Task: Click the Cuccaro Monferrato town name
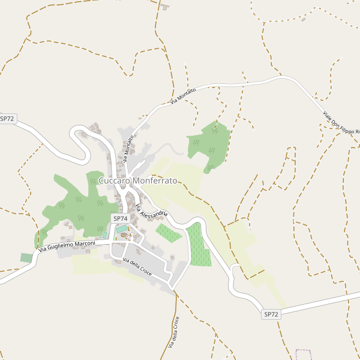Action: pos(137,181)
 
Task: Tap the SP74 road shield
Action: pos(120,219)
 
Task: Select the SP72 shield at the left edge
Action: pos(7,119)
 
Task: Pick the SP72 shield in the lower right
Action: pos(271,314)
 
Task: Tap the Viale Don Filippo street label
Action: pos(340,122)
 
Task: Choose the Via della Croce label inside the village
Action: pos(137,268)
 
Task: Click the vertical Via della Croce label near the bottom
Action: pos(173,332)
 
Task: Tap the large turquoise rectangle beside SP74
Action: pos(122,229)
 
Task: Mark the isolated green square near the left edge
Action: pos(26,257)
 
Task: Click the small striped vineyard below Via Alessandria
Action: pos(169,232)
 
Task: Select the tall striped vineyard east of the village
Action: pos(199,245)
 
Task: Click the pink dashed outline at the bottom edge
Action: pos(304,354)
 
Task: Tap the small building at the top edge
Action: pos(164,7)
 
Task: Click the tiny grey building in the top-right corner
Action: pos(304,19)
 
